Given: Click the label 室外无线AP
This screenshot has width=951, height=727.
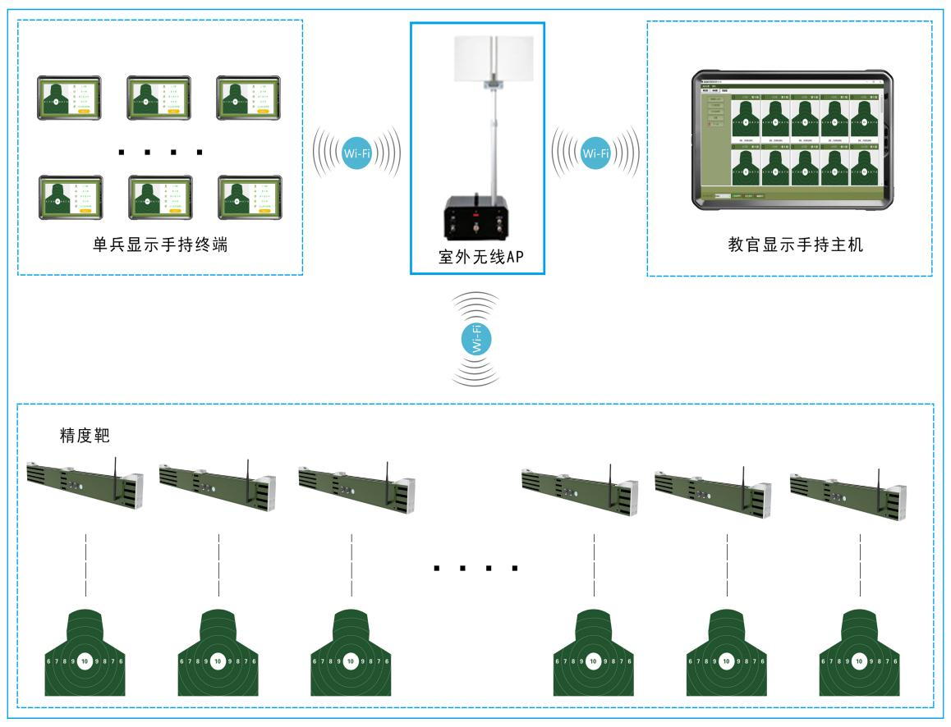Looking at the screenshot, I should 476,256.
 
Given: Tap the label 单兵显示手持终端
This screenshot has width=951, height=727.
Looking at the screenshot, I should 160,245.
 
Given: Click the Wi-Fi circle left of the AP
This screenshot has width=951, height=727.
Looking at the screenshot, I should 356,153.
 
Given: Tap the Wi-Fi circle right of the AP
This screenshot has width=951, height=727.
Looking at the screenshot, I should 595,153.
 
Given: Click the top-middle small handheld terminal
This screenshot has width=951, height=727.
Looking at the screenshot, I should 158,98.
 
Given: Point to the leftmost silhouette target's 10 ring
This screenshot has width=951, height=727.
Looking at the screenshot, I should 85,661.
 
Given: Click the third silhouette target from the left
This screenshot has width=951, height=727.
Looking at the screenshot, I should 351,652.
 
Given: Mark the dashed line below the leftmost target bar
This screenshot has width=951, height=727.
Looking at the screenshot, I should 85,565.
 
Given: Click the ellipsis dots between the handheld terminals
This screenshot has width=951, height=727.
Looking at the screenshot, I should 160,152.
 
